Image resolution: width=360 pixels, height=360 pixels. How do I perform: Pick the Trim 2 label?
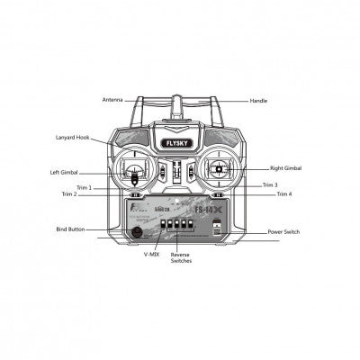coord(69,194)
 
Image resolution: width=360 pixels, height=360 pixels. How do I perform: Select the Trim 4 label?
coord(283,194)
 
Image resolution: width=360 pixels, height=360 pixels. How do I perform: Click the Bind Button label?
coord(70,229)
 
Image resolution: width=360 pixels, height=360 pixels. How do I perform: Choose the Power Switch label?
coord(285,232)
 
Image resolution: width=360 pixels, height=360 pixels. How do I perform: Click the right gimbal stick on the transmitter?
coord(220,168)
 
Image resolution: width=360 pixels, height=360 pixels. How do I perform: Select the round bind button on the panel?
coord(138,230)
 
